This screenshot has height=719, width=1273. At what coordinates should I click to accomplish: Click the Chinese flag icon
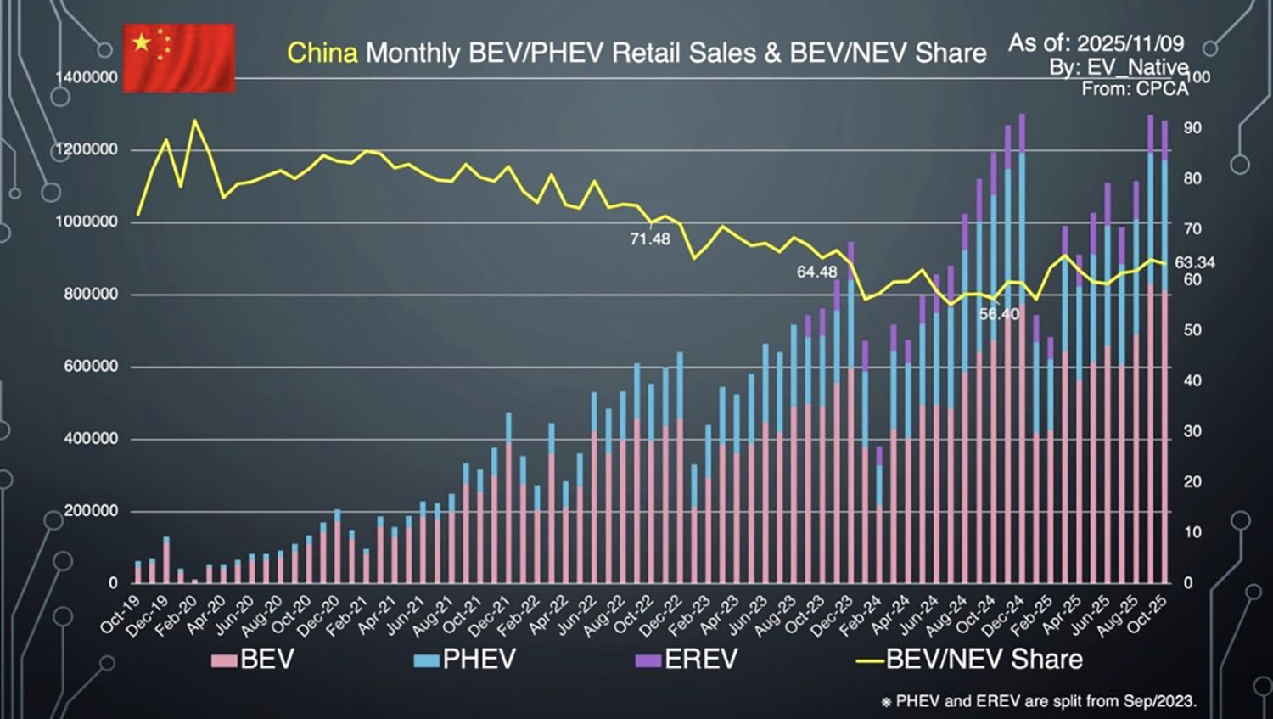179,58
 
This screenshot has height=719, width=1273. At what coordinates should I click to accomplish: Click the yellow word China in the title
322,53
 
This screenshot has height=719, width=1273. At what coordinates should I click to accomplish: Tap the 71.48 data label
649,239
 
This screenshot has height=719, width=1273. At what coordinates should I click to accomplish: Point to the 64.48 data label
816,272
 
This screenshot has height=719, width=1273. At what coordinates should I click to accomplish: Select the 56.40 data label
999,314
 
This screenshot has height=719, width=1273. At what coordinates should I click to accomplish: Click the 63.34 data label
1194,263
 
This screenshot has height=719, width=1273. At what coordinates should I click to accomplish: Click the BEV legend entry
253,660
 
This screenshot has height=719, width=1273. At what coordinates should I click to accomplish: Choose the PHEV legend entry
464,660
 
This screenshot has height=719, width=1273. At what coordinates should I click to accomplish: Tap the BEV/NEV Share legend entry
969,660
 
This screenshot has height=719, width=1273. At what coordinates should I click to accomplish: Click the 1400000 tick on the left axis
87,77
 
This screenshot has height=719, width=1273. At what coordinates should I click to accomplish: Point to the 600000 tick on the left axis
92,367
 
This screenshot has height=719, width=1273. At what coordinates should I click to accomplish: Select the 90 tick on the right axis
1192,128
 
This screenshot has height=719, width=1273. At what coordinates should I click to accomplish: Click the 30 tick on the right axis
1192,431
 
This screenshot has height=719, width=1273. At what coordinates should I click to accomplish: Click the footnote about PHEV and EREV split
1039,701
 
